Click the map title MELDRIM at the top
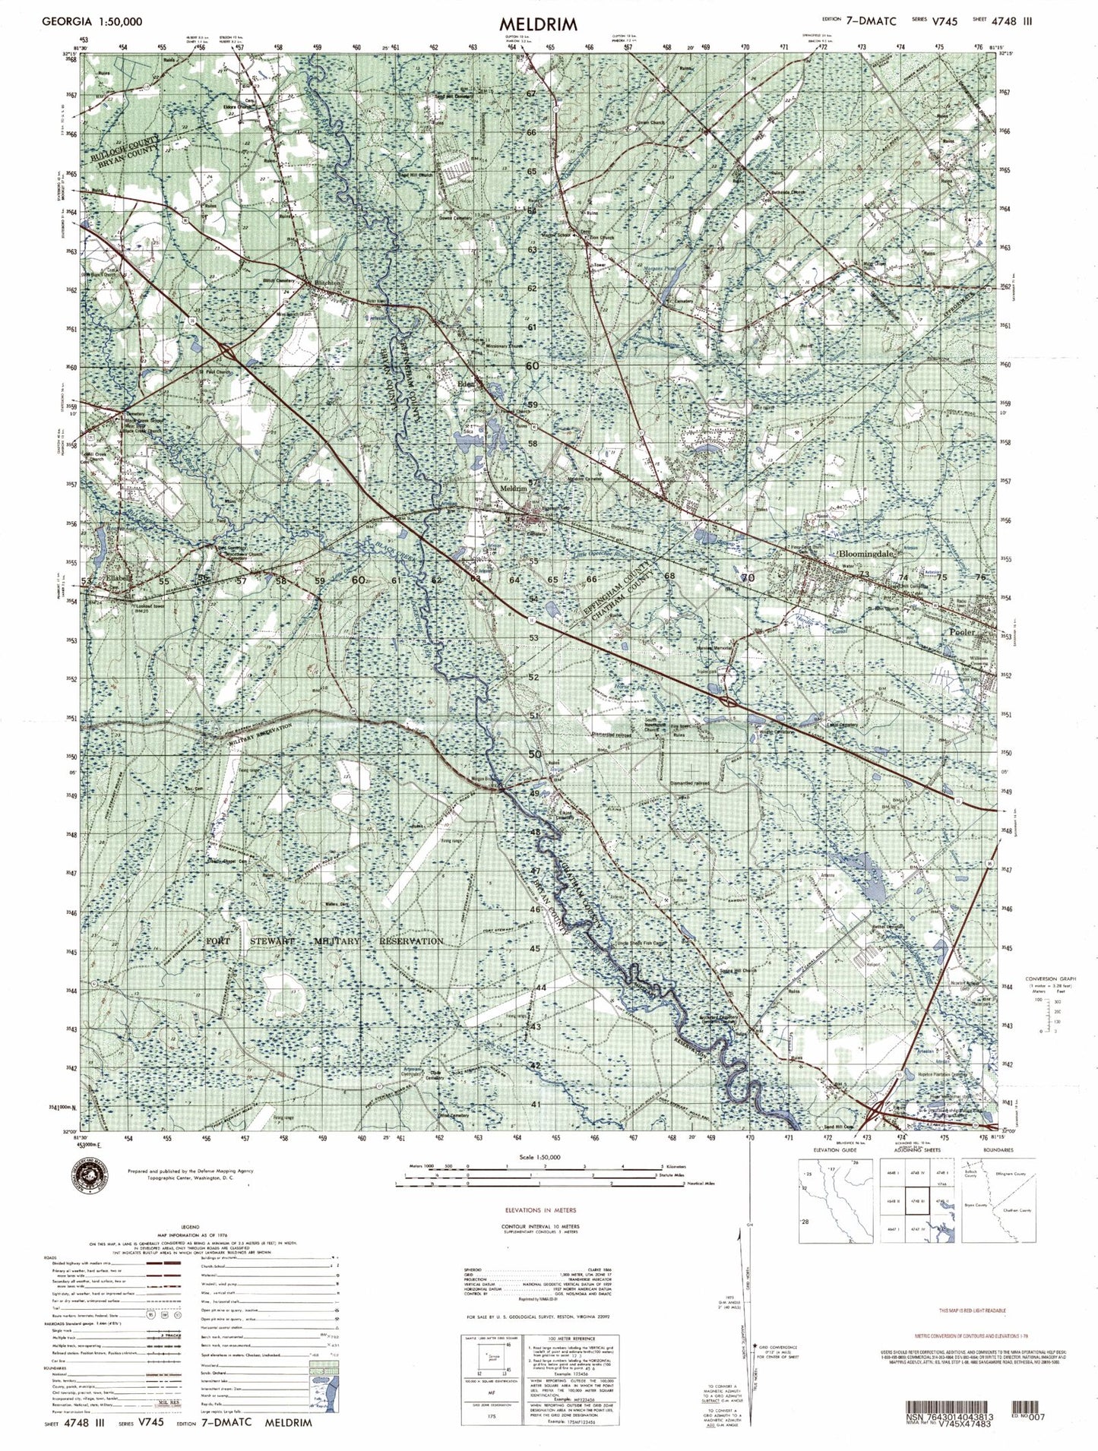pyautogui.click(x=538, y=24)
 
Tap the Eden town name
pyautogui.click(x=464, y=385)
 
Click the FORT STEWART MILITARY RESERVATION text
pyautogui.click(x=324, y=941)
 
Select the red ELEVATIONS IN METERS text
pyautogui.click(x=540, y=1209)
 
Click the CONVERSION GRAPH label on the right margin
pyautogui.click(x=1047, y=978)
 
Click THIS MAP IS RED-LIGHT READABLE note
pyautogui.click(x=973, y=1311)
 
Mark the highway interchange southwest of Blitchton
pyautogui.click(x=227, y=350)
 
